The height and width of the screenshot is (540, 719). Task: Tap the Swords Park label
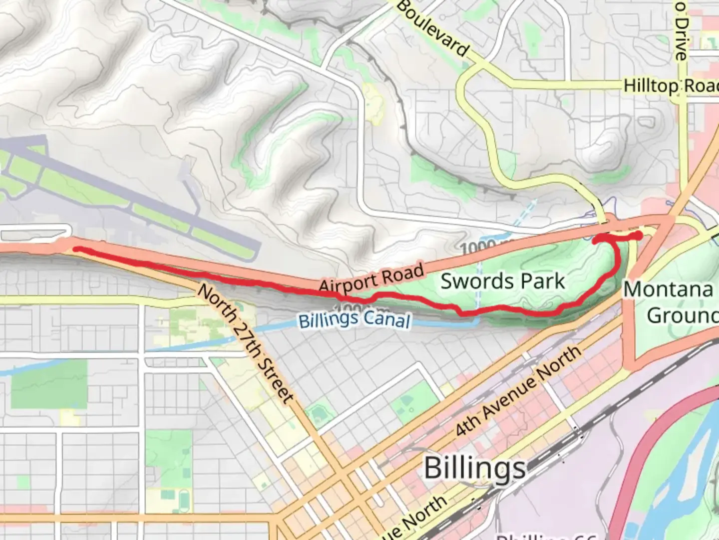click(x=502, y=281)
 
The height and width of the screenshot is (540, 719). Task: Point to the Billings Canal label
click(x=355, y=320)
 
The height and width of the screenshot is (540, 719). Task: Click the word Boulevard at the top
click(x=433, y=28)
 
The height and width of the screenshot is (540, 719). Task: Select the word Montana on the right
click(x=668, y=289)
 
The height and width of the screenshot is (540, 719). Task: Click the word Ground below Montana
click(x=682, y=315)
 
